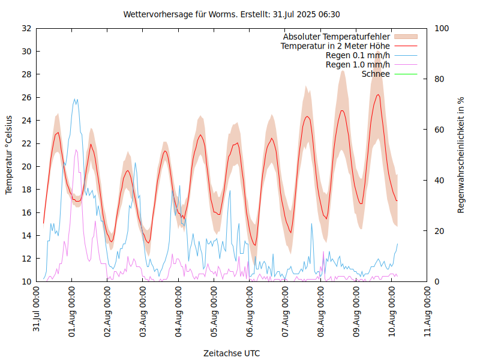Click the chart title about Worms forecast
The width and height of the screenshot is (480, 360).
tap(232, 14)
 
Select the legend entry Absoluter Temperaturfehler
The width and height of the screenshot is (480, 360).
tap(337, 37)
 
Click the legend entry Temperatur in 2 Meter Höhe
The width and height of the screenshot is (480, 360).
tap(335, 46)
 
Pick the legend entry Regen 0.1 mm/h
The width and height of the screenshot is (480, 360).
tap(358, 56)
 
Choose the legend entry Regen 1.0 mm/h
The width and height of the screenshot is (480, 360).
tap(358, 65)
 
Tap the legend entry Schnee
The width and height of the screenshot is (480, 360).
tap(376, 74)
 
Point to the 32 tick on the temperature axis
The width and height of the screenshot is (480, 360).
tap(26, 28)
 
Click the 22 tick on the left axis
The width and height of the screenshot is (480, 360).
tap(26, 143)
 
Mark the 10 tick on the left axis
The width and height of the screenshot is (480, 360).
tap(26, 281)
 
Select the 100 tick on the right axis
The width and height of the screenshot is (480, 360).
tap(442, 28)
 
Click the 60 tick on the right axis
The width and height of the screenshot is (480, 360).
tap(439, 130)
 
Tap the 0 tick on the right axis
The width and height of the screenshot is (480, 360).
tap(437, 281)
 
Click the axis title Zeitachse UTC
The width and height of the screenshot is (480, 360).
tap(232, 353)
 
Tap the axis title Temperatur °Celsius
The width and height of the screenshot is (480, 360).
tap(9, 155)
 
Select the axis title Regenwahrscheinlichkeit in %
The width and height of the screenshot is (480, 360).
tap(461, 155)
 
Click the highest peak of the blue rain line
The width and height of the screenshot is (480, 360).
tap(76, 100)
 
